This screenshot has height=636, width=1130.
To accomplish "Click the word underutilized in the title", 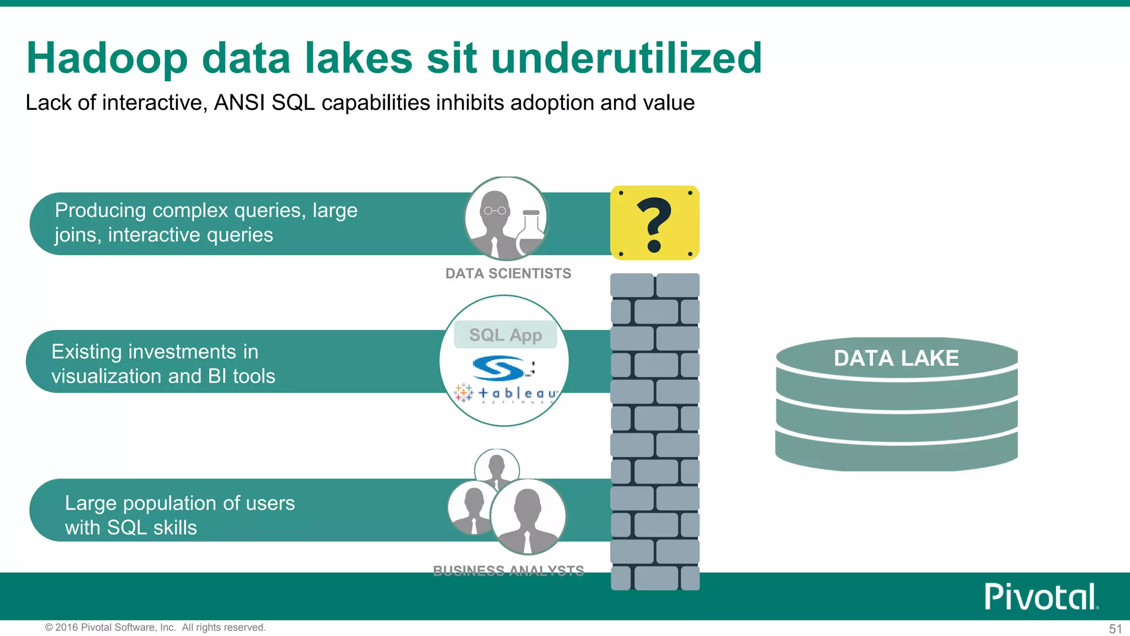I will (626, 58).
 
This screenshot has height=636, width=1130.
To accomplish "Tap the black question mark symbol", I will (654, 224).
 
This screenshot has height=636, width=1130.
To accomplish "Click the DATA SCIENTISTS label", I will (508, 273).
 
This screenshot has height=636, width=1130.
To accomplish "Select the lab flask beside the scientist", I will (530, 232).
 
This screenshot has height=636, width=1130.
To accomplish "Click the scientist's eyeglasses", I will (495, 210).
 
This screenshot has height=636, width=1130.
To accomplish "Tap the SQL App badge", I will (505, 335).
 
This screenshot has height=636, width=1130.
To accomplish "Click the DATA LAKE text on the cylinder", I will (896, 358).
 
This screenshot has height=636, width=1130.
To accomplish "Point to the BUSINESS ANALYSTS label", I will (508, 570).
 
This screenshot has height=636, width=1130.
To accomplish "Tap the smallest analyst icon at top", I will (497, 467).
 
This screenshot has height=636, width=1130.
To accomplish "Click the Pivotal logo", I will (1041, 597).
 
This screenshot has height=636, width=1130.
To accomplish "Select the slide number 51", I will (1115, 629).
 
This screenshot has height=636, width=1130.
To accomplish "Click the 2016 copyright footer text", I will (155, 627).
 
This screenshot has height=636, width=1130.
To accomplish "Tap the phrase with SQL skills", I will (131, 527).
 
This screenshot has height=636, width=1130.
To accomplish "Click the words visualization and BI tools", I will (163, 376).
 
